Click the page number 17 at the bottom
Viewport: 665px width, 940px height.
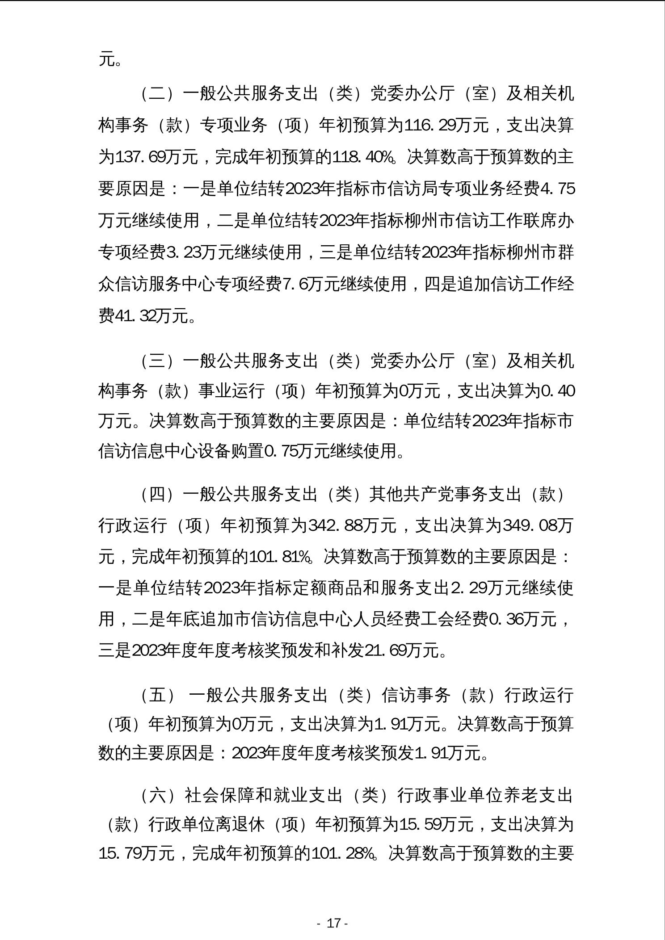tap(333, 923)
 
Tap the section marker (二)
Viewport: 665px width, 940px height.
tap(156, 94)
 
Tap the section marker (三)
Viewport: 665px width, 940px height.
tap(156, 361)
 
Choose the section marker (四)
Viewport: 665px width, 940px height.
tap(156, 494)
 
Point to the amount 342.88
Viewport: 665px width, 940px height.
tap(335, 525)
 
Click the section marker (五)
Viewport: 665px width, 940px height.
tap(156, 695)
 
